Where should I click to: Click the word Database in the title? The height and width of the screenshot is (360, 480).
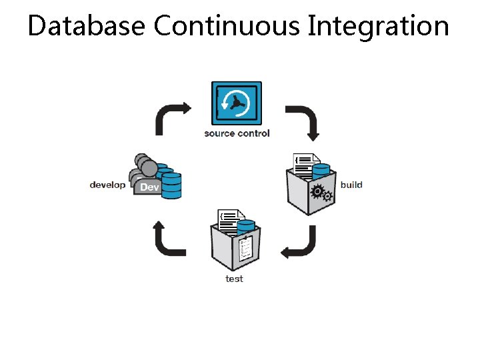(87, 27)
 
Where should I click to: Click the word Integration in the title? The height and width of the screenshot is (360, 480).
(378, 27)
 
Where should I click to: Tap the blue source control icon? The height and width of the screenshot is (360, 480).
(236, 103)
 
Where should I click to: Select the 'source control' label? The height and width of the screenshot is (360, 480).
(237, 133)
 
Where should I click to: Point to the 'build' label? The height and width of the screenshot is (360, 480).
(351, 185)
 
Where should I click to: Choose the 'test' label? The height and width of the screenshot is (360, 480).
(234, 279)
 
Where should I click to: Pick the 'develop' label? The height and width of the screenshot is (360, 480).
(107, 185)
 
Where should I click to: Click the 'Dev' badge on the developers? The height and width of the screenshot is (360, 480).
(149, 187)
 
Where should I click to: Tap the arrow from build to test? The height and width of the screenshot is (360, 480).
(300, 243)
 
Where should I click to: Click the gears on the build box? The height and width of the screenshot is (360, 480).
(322, 193)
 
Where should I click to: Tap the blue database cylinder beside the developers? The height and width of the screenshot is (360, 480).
(171, 185)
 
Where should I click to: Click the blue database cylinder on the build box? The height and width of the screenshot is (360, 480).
(321, 173)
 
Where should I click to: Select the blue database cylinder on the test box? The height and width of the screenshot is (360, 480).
(245, 227)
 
